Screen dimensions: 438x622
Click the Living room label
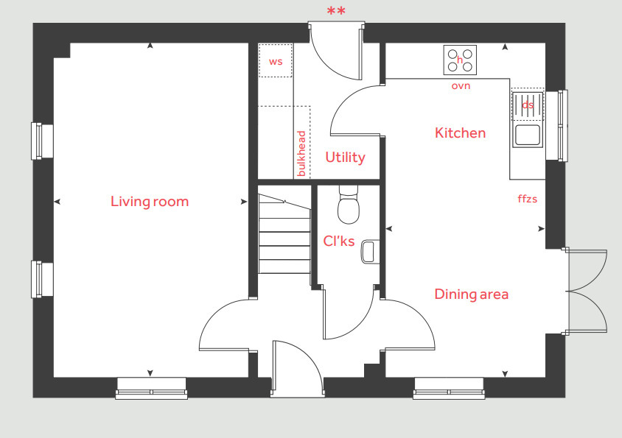click(150, 201)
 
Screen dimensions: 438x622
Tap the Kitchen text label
click(460, 133)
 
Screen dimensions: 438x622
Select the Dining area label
click(471, 294)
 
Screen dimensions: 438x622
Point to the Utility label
click(345, 158)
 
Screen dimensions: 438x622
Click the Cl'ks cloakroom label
click(339, 241)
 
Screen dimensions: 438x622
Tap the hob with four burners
click(460, 60)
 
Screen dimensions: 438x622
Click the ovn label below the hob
click(461, 86)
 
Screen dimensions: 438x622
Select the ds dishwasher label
click(528, 105)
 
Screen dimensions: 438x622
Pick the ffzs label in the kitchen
click(528, 198)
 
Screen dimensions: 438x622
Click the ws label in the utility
click(276, 62)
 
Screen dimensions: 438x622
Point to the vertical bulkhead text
click(301, 153)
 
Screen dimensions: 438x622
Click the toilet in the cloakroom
click(347, 206)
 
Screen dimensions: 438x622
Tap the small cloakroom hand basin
click(369, 251)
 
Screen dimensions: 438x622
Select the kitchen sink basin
click(527, 135)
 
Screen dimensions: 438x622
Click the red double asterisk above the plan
click(335, 11)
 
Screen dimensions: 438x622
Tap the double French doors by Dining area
click(587, 290)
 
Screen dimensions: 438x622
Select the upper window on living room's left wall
click(41, 141)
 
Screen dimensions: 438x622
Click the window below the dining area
click(449, 388)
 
